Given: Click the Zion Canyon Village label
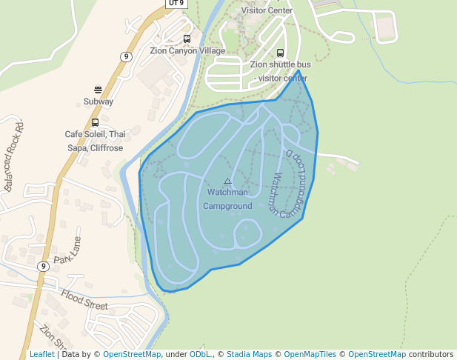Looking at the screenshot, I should [187, 51].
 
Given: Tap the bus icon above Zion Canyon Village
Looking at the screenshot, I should [187, 39].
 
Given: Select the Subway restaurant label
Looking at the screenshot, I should [98, 101].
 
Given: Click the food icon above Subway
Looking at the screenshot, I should [98, 90].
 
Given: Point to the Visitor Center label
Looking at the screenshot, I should [267, 10].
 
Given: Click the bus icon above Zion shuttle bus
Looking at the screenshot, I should [280, 53].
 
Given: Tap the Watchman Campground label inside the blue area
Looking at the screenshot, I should [227, 199].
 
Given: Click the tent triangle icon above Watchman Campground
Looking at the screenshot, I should [227, 181].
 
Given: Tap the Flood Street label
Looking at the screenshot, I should [84, 299].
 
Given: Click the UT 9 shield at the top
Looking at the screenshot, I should [176, 3].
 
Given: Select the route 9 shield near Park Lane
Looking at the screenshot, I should [44, 267].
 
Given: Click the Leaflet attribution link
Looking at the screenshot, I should [41, 355].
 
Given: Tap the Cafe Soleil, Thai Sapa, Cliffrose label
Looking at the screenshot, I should [95, 141].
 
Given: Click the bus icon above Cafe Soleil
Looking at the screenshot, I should [95, 123].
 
